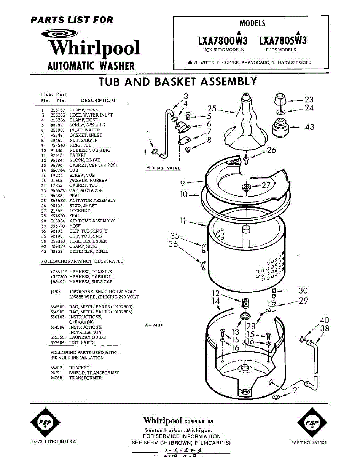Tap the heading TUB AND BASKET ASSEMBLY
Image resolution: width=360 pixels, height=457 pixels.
pyautogui.click(x=178, y=82)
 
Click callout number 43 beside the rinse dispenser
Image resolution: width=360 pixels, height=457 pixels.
pyautogui.click(x=309, y=127)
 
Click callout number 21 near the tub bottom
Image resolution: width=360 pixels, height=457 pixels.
pyautogui.click(x=296, y=390)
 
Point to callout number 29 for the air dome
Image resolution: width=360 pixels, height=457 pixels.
pyautogui.click(x=303, y=301)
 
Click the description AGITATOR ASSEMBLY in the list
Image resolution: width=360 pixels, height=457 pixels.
pyautogui.click(x=92, y=200)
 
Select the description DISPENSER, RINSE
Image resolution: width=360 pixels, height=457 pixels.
pyautogui.click(x=88, y=251)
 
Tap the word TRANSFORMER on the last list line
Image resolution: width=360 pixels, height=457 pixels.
pyautogui.click(x=85, y=378)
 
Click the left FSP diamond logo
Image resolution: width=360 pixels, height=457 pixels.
pyautogui.click(x=46, y=423)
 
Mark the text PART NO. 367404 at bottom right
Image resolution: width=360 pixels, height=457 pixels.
pyautogui.click(x=308, y=443)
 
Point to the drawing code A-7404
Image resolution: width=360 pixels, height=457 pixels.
pyautogui.click(x=154, y=326)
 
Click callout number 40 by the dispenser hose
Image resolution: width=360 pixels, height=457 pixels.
pyautogui.click(x=324, y=320)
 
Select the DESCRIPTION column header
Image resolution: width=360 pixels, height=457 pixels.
pyautogui.click(x=98, y=101)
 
